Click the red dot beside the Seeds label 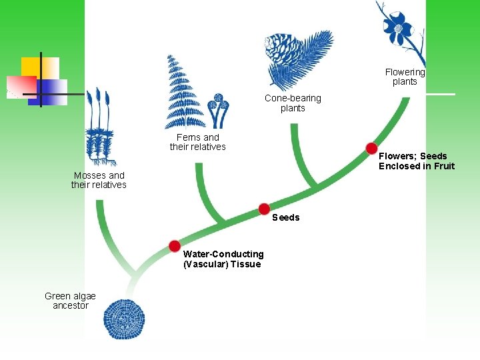264,209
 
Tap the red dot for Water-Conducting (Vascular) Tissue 175,245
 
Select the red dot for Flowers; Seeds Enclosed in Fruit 371,147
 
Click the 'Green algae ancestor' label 70,301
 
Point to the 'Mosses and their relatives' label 99,180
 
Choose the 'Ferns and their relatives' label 198,142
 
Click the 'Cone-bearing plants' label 293,103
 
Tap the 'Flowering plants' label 405,77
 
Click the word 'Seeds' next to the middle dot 286,217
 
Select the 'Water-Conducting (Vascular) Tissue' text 223,259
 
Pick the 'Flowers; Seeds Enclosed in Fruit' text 417,161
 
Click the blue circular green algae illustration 124,319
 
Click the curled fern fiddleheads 216,109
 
